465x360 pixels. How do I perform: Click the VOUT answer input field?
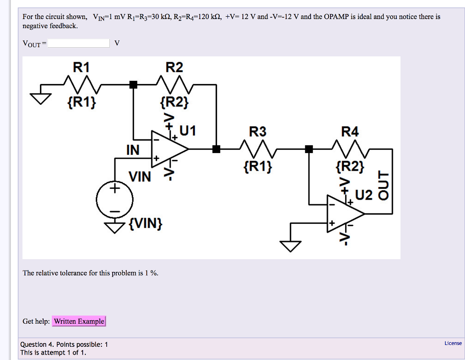(x=79, y=43)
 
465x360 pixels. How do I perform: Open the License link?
(x=453, y=343)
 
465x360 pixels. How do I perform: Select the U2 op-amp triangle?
(x=344, y=212)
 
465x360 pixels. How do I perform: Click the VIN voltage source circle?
(x=114, y=199)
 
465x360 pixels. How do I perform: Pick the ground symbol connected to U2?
(x=290, y=245)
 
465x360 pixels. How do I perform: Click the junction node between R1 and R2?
(x=133, y=84)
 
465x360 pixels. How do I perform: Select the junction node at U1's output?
(x=216, y=148)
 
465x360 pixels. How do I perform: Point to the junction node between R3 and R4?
(x=309, y=148)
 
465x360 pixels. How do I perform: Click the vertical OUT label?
(x=384, y=185)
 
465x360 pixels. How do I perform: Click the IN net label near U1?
(x=133, y=150)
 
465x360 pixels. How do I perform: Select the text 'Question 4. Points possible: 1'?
(x=64, y=345)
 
